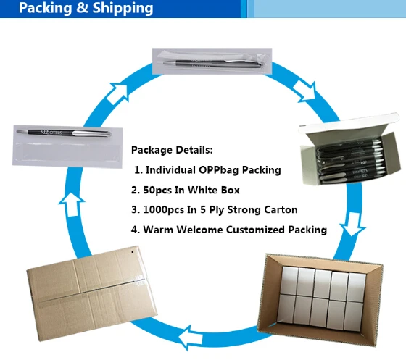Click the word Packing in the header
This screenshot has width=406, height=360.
(x=45, y=8)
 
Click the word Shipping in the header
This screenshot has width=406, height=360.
(x=123, y=8)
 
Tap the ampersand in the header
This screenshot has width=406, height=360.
(x=83, y=7)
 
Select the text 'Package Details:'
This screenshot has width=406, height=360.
(x=172, y=150)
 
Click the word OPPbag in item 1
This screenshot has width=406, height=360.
(x=219, y=170)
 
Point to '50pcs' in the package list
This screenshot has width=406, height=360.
(x=157, y=191)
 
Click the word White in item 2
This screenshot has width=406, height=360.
(x=199, y=190)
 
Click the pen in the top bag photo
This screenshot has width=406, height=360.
(x=212, y=64)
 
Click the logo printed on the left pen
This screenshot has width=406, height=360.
(x=51, y=132)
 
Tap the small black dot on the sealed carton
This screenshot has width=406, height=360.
(x=132, y=252)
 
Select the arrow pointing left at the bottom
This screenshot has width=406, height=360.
(x=191, y=338)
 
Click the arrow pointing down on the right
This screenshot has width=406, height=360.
(x=352, y=224)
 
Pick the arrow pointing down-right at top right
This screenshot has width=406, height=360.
(x=305, y=91)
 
